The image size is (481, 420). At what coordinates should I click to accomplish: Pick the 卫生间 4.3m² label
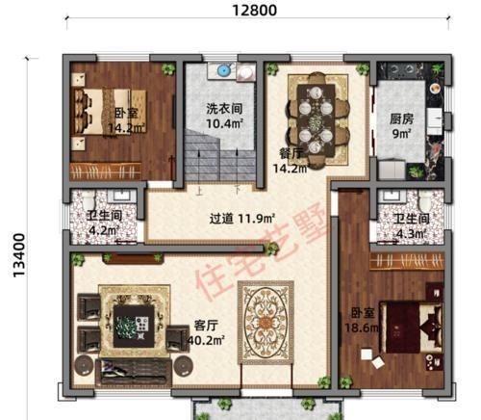tap(411, 224)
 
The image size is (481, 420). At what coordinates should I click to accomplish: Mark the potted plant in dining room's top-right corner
tap(364, 69)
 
